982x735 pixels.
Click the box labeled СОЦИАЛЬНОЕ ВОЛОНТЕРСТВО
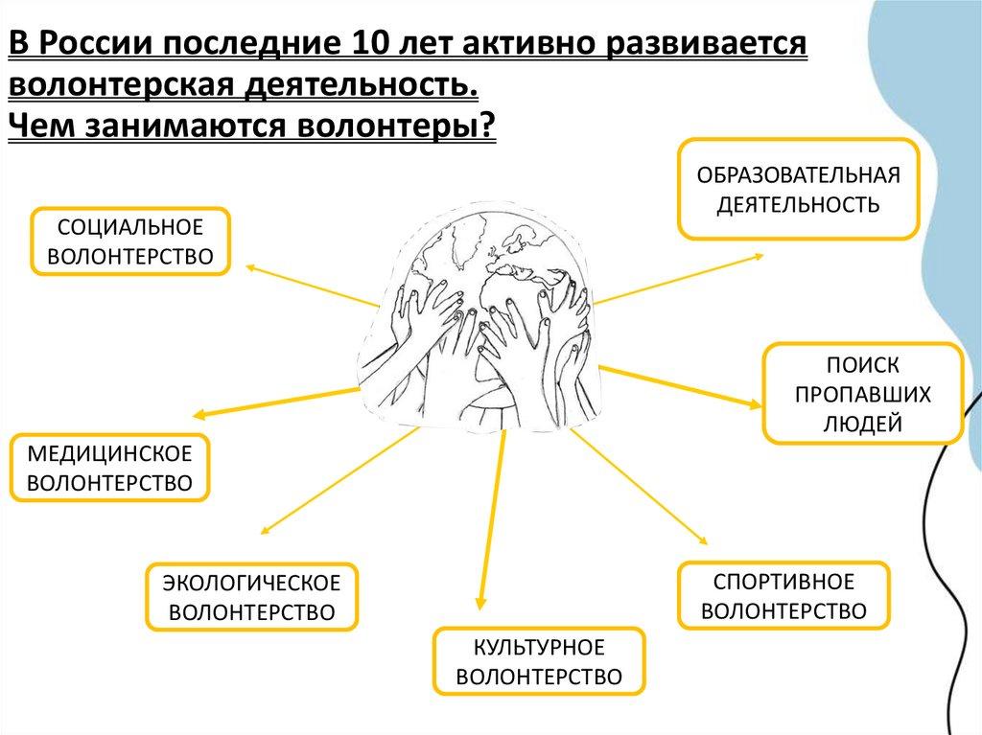(132, 241)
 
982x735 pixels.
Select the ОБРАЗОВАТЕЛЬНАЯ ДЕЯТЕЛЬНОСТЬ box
(798, 189)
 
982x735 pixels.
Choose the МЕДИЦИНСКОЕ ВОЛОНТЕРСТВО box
(110, 469)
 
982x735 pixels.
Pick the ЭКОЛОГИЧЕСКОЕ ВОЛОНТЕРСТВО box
(251, 597)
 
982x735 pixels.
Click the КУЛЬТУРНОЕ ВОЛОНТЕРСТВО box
(539, 661)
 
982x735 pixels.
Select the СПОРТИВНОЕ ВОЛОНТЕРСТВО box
(783, 596)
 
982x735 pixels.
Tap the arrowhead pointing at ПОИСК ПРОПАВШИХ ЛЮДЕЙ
(759, 403)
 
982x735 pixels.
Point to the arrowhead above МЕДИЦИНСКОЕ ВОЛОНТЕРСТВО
(199, 415)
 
